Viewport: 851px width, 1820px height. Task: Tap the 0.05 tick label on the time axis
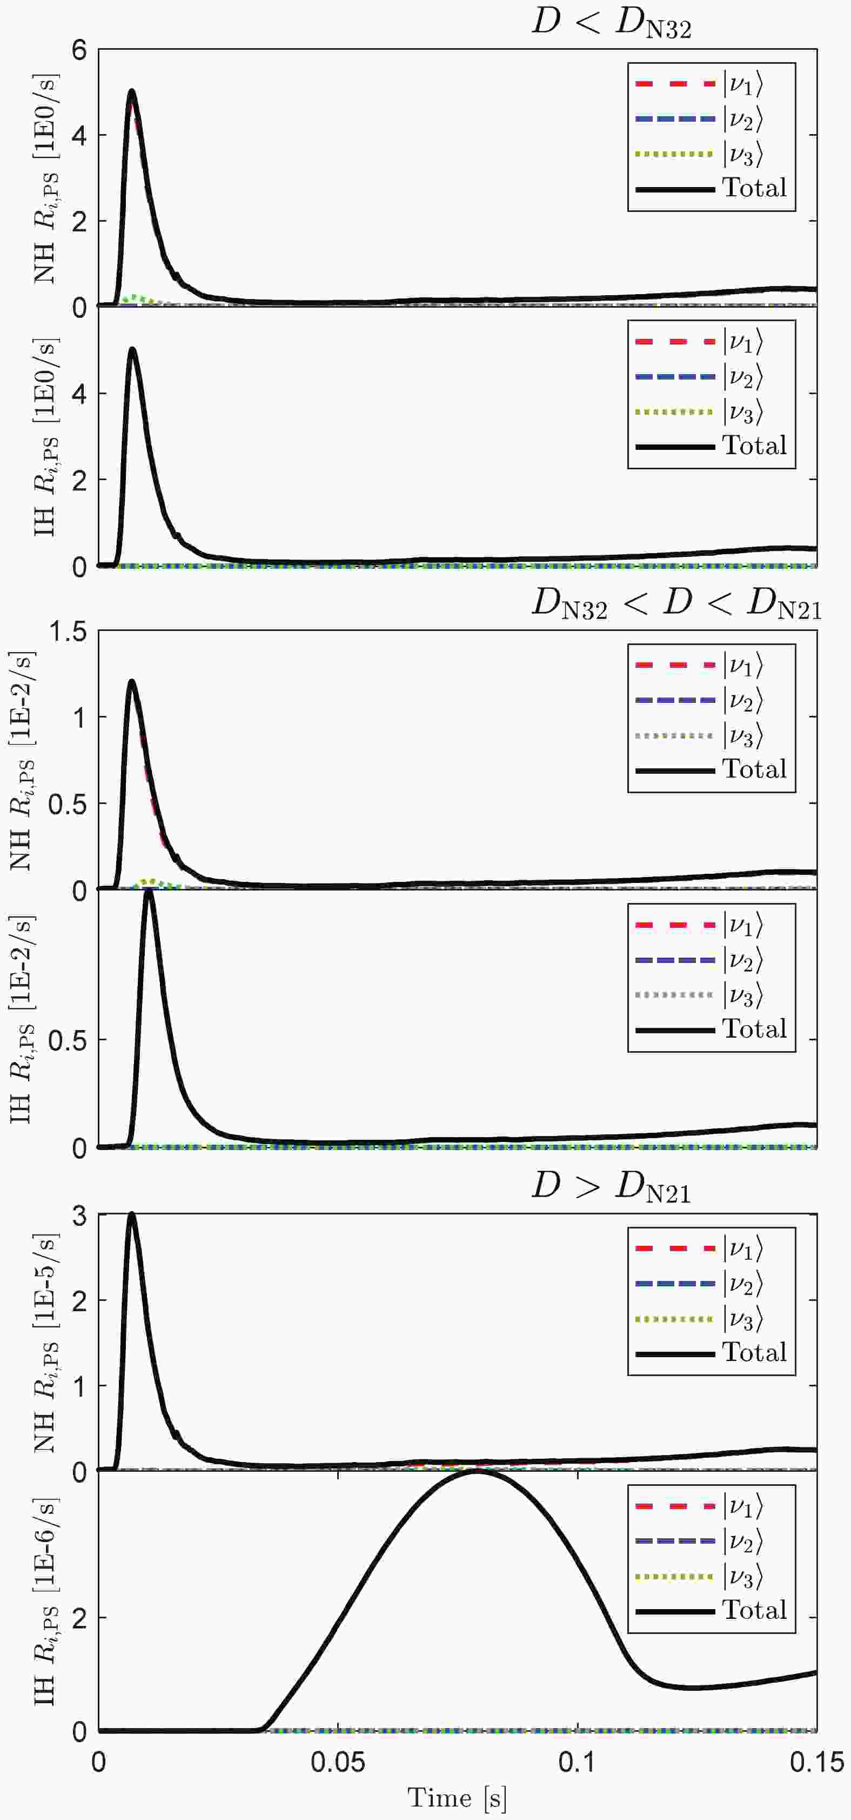[x=338, y=1762]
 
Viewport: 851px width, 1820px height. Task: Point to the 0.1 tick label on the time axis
[x=578, y=1762]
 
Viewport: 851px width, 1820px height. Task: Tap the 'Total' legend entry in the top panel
[x=754, y=188]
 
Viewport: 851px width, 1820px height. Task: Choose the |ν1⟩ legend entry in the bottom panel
[x=741, y=1506]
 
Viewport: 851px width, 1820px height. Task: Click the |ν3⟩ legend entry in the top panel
[x=741, y=154]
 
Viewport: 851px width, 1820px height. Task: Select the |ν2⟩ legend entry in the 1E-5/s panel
[x=741, y=1283]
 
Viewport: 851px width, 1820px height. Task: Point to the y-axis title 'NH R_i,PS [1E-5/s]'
[x=44, y=1343]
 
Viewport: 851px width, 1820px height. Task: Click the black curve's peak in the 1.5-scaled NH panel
[x=131, y=682]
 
